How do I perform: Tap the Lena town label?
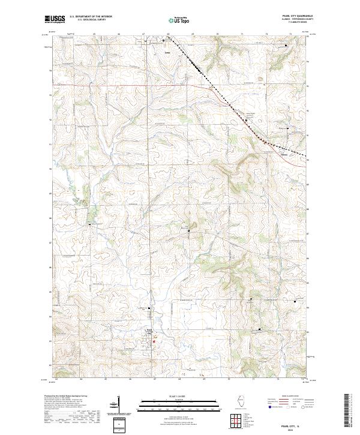[167, 52]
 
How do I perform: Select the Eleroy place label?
[284, 153]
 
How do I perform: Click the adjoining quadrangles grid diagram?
[235, 421]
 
